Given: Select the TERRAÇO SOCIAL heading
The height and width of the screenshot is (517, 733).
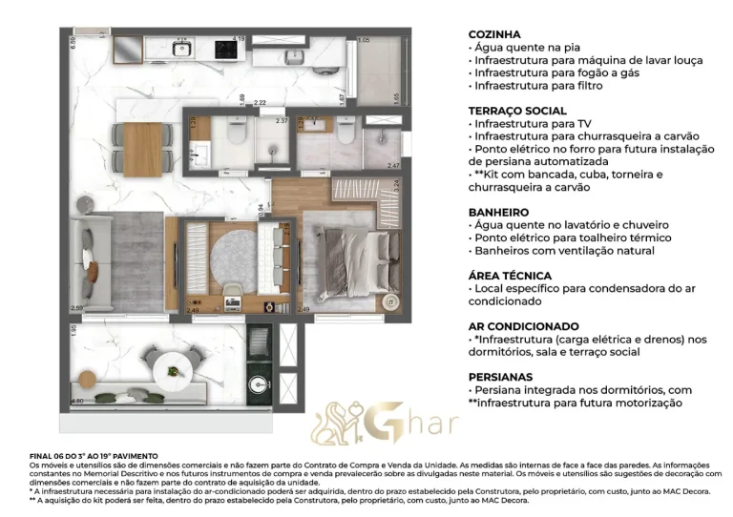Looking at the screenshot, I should (517, 111).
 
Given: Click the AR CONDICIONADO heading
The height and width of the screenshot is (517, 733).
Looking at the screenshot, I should (524, 326).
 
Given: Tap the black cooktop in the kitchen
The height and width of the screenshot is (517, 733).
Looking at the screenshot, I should (225, 46).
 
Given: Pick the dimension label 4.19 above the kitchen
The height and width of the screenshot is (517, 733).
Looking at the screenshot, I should (239, 38).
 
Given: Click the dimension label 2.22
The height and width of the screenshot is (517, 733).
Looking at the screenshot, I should (260, 102).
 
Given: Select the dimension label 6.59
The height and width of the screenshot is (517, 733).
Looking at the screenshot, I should (72, 42).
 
